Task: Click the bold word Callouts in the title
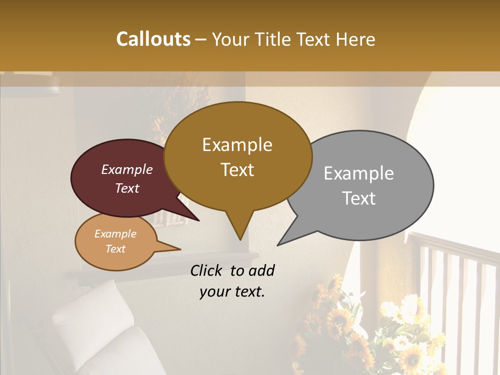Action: pyautogui.click(x=153, y=39)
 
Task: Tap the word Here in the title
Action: pyautogui.click(x=355, y=39)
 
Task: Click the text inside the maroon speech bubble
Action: pyautogui.click(x=127, y=179)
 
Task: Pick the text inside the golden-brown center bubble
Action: pyautogui.click(x=238, y=157)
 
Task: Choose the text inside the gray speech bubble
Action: pyautogui.click(x=359, y=185)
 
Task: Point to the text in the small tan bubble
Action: pyautogui.click(x=116, y=241)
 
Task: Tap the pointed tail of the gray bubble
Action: pyautogui.click(x=284, y=241)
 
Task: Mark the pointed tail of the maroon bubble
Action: pyautogui.click(x=193, y=216)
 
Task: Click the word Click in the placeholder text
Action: pyautogui.click(x=207, y=270)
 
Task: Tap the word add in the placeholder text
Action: pyautogui.click(x=261, y=270)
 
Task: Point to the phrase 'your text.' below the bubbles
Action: pyautogui.click(x=232, y=292)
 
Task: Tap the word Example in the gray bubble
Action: pyautogui.click(x=359, y=173)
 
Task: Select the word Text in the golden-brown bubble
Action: pyautogui.click(x=238, y=170)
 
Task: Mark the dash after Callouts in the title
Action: pyautogui.click(x=202, y=40)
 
